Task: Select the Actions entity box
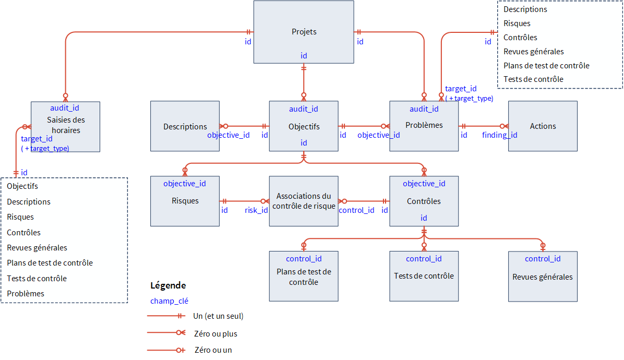pos(543,126)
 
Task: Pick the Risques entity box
pos(185,201)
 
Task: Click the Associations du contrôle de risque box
pos(304,201)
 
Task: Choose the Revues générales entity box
pos(543,277)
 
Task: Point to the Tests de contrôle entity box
pos(424,276)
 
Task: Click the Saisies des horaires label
pos(66,125)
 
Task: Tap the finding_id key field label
pos(499,135)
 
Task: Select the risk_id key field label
pos(256,210)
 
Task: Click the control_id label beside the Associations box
pos(356,210)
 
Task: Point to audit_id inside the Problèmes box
pos(424,109)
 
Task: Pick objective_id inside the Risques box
pos(185,184)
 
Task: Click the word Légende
pos(168,285)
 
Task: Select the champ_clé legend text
pos(170,301)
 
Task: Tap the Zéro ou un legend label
pos(213,350)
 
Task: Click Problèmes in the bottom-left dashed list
pos(26,293)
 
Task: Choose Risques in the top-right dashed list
pos(517,23)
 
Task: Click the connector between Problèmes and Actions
pos(483,126)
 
